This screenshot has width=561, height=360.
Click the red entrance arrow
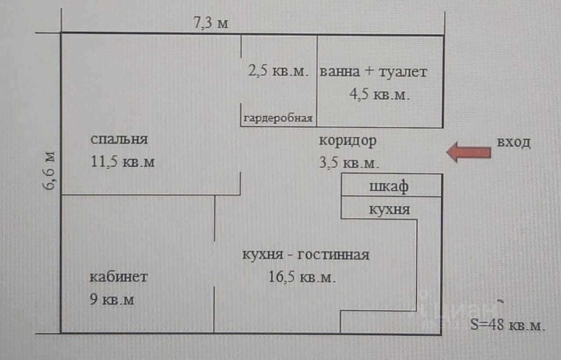point(468,152)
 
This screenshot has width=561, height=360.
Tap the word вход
point(513,142)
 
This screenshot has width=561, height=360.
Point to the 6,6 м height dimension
point(50,170)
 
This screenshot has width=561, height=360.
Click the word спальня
point(119,140)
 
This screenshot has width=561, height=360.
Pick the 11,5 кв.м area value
point(123,162)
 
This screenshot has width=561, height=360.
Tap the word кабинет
point(119,277)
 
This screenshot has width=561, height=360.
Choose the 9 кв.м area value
point(112,300)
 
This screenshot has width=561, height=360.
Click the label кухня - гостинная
point(305,254)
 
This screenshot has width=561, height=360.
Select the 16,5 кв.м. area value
point(302,277)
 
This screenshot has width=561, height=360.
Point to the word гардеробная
point(278,118)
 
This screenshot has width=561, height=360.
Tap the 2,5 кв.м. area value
point(279,71)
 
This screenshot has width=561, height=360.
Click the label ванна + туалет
point(373,71)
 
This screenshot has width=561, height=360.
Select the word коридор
point(348,141)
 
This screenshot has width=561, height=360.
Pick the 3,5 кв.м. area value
point(348,163)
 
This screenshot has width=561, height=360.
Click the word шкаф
point(389,186)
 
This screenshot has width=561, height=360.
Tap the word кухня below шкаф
point(389,209)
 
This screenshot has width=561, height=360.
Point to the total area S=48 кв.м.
point(508,325)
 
